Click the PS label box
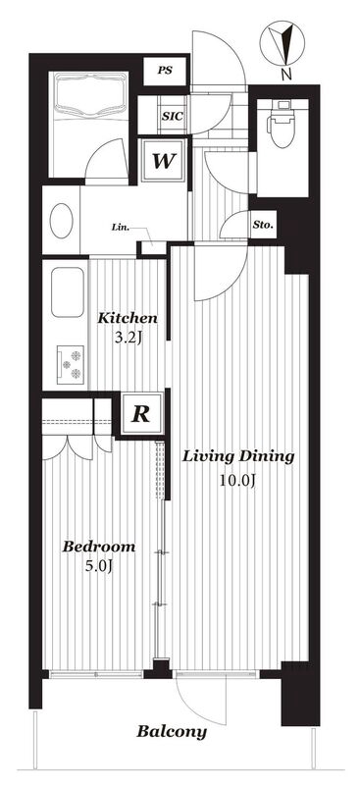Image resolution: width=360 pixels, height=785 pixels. pyautogui.click(x=165, y=71)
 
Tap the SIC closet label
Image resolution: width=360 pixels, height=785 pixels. pyautogui.click(x=173, y=116)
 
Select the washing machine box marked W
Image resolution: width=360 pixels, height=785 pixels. pyautogui.click(x=164, y=161)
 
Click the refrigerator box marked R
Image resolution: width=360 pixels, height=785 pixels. pyautogui.click(x=141, y=414)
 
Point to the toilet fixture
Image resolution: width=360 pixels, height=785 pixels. pyautogui.click(x=281, y=124)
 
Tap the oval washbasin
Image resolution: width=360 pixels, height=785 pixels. pyautogui.click(x=62, y=221)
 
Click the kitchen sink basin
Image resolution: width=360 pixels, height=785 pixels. pyautogui.click(x=68, y=291)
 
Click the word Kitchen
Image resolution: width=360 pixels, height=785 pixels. pyautogui.click(x=128, y=318)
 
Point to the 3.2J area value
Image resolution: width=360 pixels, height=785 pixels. pyautogui.click(x=128, y=339)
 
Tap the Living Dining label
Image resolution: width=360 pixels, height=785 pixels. pyautogui.click(x=236, y=456)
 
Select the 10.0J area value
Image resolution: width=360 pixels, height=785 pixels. pyautogui.click(x=237, y=481)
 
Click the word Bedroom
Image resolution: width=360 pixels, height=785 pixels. pyautogui.click(x=99, y=547)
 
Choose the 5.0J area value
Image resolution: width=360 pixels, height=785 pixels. pyautogui.click(x=98, y=567)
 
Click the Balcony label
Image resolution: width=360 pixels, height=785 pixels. pyautogui.click(x=172, y=732)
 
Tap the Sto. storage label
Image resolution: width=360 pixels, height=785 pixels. pyautogui.click(x=263, y=226)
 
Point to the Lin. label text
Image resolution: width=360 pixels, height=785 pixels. pyautogui.click(x=121, y=228)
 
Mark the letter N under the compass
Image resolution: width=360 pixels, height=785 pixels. pyautogui.click(x=285, y=76)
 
